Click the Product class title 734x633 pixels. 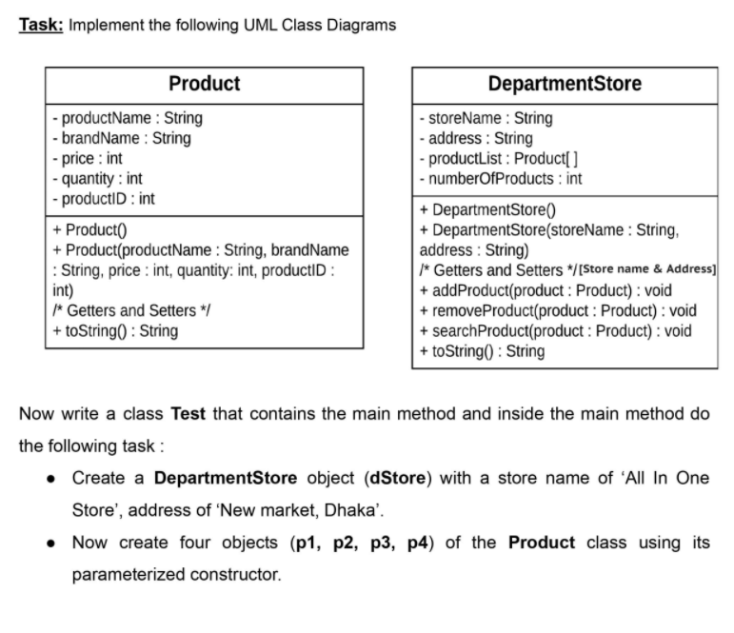(x=204, y=84)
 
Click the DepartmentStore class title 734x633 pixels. (x=565, y=84)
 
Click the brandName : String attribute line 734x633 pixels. (x=122, y=138)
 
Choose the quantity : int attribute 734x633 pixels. (x=98, y=178)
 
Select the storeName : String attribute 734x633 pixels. (x=486, y=118)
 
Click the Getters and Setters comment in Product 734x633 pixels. (x=129, y=310)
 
